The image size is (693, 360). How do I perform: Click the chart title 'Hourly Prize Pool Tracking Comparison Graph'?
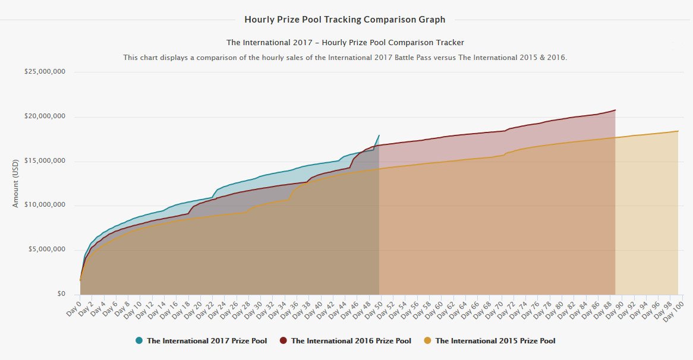click(x=345, y=20)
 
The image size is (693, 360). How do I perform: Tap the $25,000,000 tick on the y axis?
click(x=45, y=72)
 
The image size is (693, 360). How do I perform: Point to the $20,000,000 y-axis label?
click(x=45, y=116)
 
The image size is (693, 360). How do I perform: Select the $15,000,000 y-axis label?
click(x=45, y=161)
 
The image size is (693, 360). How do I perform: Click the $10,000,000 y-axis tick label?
click(x=45, y=206)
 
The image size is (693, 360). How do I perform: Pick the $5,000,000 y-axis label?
click(x=46, y=250)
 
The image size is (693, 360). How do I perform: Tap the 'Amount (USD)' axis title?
click(x=16, y=183)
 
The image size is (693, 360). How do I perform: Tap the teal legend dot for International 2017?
click(x=139, y=341)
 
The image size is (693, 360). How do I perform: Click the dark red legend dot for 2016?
click(x=283, y=341)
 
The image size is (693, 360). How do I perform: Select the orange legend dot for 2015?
click(x=427, y=341)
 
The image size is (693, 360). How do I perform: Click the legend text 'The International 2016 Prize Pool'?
click(x=351, y=341)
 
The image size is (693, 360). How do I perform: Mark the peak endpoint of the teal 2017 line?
click(x=379, y=135)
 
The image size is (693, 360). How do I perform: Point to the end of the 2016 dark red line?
click(x=615, y=110)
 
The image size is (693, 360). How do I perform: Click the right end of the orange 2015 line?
click(x=678, y=131)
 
